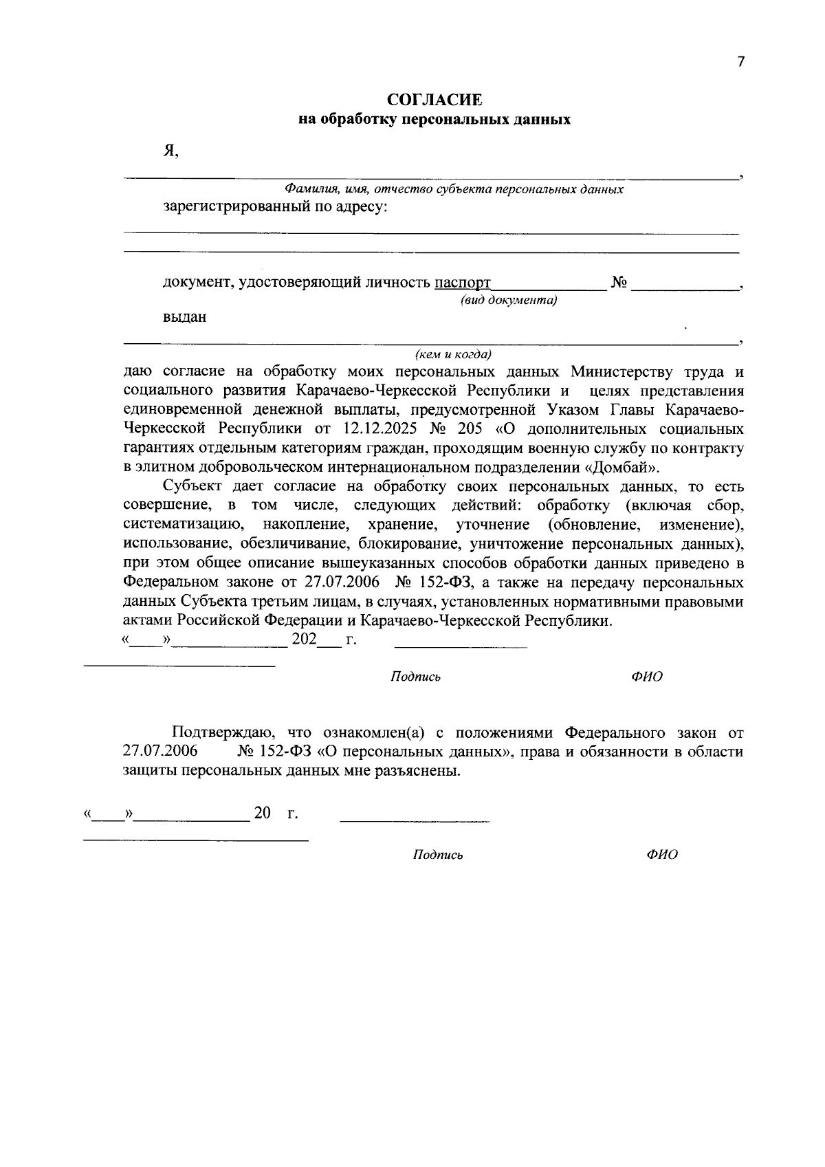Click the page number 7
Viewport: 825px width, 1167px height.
point(740,62)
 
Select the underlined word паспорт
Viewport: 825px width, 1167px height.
point(463,283)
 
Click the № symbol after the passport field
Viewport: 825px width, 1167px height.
point(618,283)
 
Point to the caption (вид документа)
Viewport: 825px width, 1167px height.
point(509,300)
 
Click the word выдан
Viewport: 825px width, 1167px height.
point(184,318)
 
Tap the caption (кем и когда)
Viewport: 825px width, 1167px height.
point(453,355)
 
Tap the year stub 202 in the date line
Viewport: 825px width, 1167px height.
point(304,640)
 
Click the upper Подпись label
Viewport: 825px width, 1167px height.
point(415,677)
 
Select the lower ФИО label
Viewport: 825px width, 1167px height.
point(661,855)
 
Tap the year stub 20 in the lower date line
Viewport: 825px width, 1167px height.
point(263,814)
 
